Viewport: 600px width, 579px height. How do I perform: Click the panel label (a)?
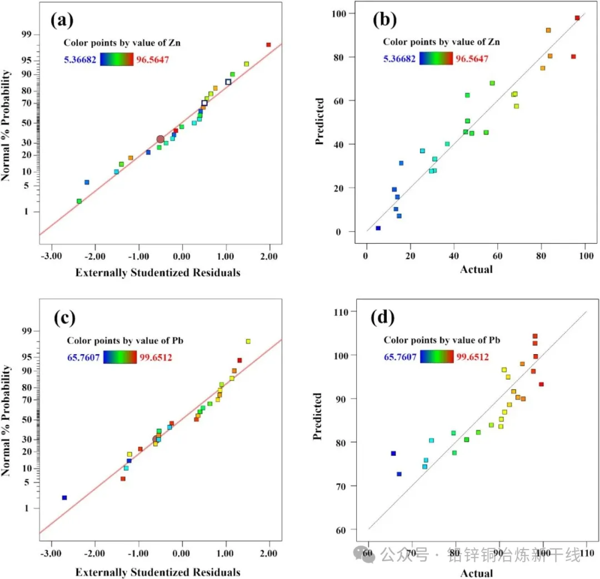62,21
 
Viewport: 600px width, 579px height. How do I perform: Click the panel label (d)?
383,318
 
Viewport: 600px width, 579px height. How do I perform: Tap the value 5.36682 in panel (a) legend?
81,59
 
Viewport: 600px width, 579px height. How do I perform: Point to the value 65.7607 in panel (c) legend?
83,357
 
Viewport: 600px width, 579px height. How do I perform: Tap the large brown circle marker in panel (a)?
161,139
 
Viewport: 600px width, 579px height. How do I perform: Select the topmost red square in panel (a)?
268,44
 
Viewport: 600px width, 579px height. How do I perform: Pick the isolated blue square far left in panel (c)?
64,497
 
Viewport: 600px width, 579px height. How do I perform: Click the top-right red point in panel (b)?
577,18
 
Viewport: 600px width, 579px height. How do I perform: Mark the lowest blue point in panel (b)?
378,228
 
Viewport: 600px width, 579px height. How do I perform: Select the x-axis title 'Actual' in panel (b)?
476,270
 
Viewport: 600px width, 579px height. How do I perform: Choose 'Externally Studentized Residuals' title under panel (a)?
158,272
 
